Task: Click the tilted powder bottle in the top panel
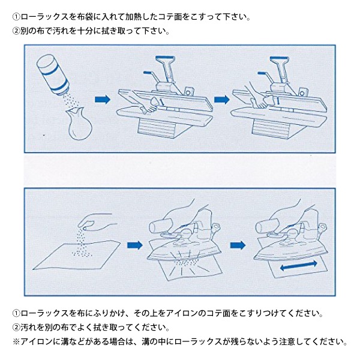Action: (x=53, y=74)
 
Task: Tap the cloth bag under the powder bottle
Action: (x=79, y=124)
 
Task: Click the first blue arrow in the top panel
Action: (x=103, y=100)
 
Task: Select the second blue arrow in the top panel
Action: (x=221, y=100)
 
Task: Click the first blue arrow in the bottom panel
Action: (x=135, y=245)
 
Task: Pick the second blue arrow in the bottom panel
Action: (x=238, y=245)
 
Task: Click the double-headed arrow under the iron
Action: (x=298, y=266)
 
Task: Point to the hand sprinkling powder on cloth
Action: (x=97, y=222)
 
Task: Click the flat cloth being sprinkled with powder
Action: (x=76, y=255)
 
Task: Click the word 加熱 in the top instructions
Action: (x=133, y=17)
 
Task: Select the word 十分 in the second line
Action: (x=85, y=31)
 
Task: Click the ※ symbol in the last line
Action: (x=17, y=341)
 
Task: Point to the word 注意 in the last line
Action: (x=287, y=341)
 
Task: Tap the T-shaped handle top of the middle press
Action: (x=165, y=59)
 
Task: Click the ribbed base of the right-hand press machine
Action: (x=270, y=129)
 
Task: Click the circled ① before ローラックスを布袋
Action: (x=17, y=17)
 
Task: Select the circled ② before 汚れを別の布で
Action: (x=17, y=328)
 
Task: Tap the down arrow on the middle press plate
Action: (x=163, y=102)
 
